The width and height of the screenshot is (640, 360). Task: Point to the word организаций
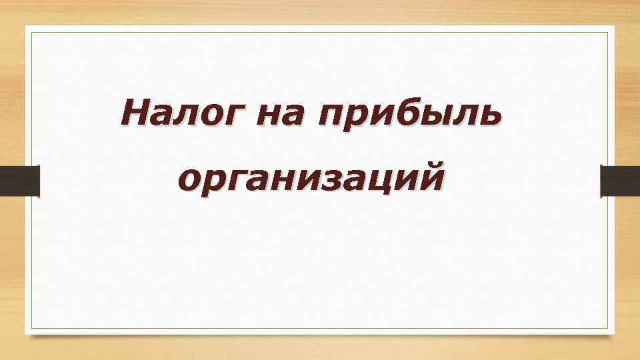(x=311, y=179)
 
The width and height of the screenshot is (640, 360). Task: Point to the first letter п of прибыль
(x=331, y=115)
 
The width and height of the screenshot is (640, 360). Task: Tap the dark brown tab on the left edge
(x=19, y=181)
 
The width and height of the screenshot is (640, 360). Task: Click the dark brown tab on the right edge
(x=620, y=181)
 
